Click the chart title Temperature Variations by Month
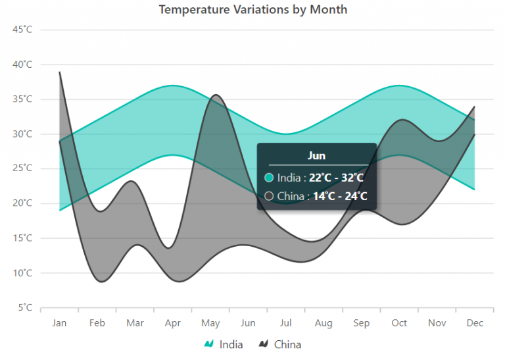click(253, 10)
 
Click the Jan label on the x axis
click(60, 323)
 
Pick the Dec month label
click(475, 323)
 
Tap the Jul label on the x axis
click(286, 323)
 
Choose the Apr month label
click(173, 323)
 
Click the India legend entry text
click(231, 344)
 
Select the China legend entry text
click(287, 344)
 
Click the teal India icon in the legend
click(210, 344)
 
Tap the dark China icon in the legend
click(264, 344)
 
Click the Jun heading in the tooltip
click(317, 156)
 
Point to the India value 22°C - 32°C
click(336, 178)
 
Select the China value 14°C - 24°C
click(337, 196)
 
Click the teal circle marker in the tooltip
click(269, 178)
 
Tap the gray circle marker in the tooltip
click(269, 196)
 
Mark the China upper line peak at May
click(216, 95)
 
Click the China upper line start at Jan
click(60, 72)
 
